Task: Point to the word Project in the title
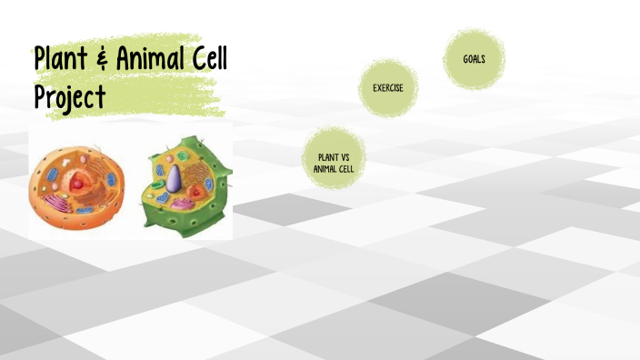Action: (70, 95)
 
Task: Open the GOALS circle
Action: (474, 59)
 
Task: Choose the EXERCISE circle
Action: (388, 88)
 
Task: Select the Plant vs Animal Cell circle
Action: (333, 162)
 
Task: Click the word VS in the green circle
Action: (346, 157)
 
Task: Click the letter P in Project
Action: (40, 95)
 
